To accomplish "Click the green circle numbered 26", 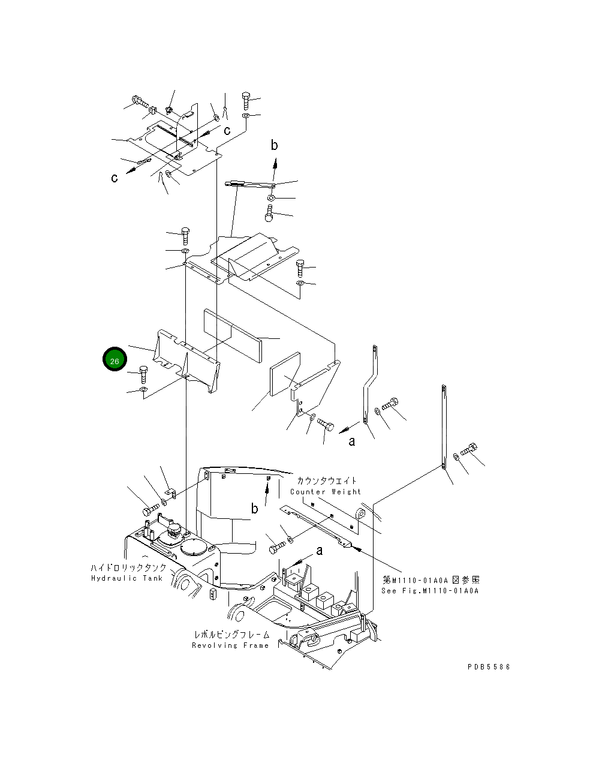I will coord(115,359).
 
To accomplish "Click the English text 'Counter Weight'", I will coord(326,492).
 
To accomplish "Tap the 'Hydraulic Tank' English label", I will coord(127,578).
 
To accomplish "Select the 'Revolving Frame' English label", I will coord(230,645).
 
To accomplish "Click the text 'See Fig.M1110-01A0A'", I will coord(430,591).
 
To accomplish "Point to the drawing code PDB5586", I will coord(489,666).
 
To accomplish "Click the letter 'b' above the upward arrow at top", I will coord(274,145).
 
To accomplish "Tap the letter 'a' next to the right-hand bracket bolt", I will coord(352,441).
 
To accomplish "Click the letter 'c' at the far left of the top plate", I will coord(114,178).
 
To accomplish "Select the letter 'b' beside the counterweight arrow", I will coord(255,509).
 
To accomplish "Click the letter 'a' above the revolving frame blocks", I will coord(319,550).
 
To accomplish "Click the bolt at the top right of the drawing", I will coord(246,98).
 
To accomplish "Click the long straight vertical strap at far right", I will coord(444,426).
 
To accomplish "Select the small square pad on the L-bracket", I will coord(285,374).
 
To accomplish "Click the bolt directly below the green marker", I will coord(143,374).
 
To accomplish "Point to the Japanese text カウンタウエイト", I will coord(326,481).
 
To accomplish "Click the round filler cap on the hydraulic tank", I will coord(193,548).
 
